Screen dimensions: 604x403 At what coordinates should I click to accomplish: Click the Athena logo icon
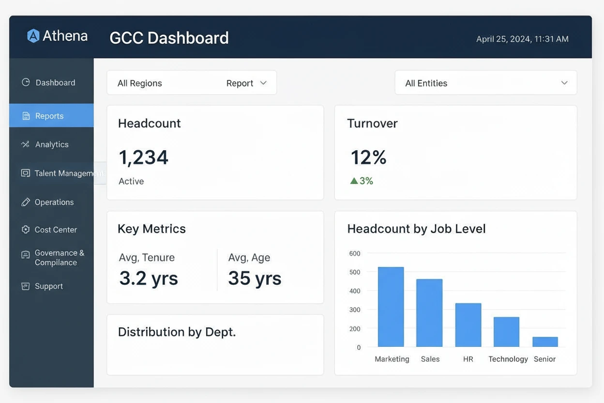(x=33, y=36)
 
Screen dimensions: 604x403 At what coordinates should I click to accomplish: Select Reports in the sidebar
(x=49, y=116)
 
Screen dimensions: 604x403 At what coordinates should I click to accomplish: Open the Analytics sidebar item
(x=52, y=144)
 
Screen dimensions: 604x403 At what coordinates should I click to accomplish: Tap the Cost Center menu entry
(x=56, y=230)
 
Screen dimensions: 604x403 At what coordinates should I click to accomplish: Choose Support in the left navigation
(x=49, y=286)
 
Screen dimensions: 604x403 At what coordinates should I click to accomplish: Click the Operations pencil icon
(x=26, y=202)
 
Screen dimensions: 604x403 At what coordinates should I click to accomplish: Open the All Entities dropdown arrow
(x=564, y=83)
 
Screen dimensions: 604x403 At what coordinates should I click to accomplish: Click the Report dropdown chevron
(x=263, y=83)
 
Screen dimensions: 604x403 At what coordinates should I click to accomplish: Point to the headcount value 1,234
(x=143, y=157)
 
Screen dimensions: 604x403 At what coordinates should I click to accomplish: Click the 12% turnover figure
(x=368, y=157)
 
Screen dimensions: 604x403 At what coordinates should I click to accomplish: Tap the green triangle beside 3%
(x=354, y=181)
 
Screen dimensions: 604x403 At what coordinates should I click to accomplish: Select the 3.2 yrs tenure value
(x=149, y=279)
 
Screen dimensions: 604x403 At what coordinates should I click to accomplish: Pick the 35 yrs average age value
(x=255, y=279)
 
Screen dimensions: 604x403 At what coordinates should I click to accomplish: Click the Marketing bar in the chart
(x=391, y=307)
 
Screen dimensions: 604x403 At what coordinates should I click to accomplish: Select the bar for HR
(x=468, y=325)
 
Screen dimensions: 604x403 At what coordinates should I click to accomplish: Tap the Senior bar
(x=545, y=342)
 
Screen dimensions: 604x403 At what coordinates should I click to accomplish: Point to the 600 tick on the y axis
(x=355, y=253)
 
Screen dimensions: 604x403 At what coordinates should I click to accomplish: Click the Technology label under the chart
(x=508, y=359)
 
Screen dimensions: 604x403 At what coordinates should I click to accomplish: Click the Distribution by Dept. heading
(x=177, y=332)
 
